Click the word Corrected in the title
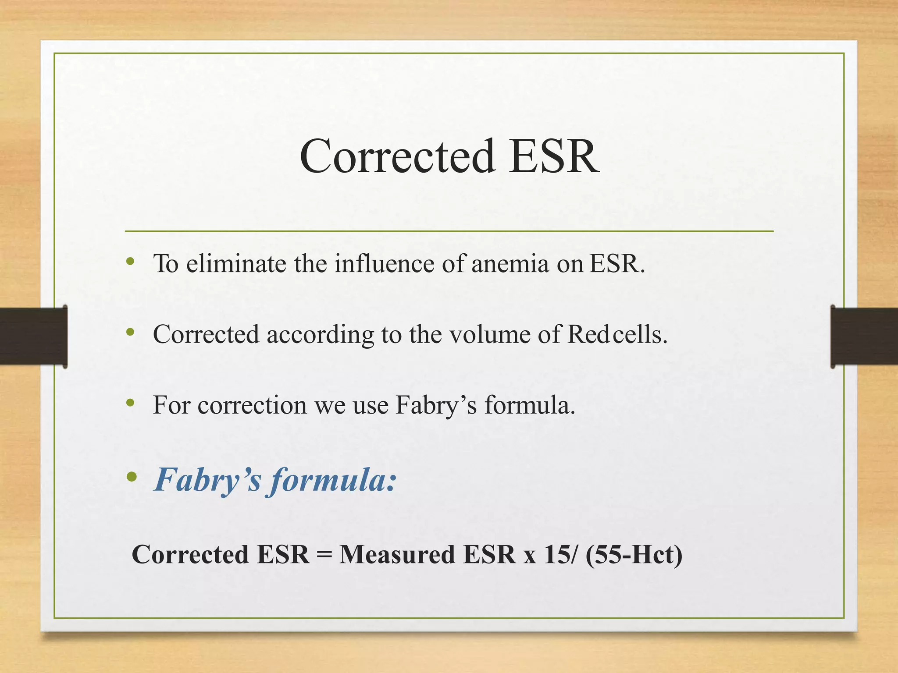[x=397, y=156]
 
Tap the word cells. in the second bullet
[x=640, y=334]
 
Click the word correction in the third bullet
[x=252, y=405]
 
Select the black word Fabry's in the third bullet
[x=436, y=405]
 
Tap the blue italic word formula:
[x=333, y=480]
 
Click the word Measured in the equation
[x=397, y=554]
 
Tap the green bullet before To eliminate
[x=130, y=262]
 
